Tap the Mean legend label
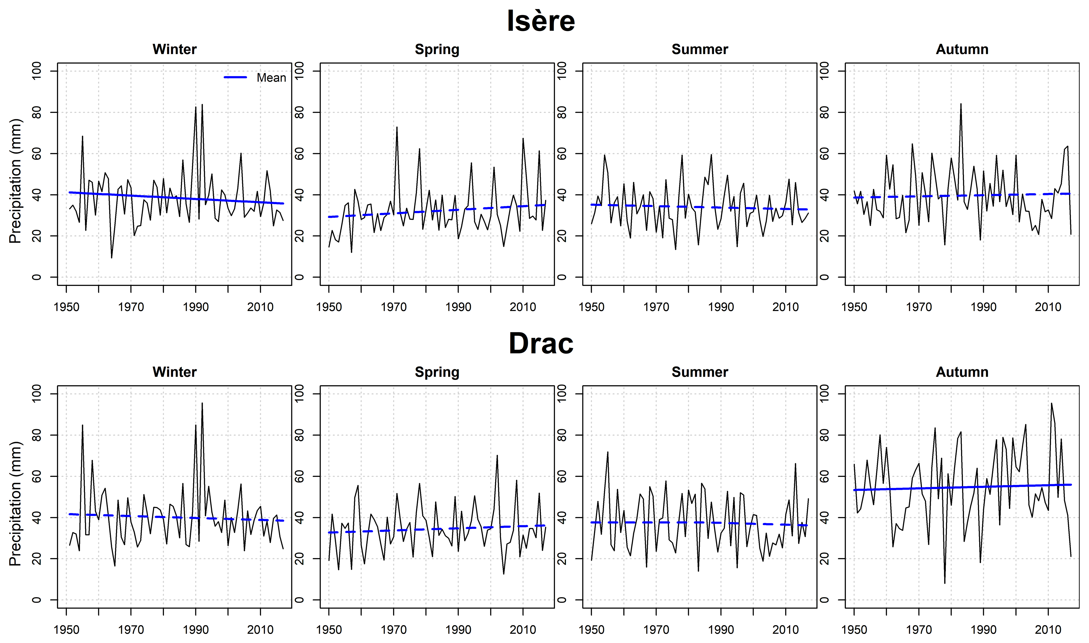[x=271, y=78]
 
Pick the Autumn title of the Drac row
[x=962, y=372]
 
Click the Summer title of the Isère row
[x=700, y=49]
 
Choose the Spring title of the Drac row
[x=437, y=372]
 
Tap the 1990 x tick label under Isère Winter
[x=196, y=307]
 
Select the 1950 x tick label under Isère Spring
[x=329, y=307]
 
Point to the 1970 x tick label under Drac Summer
[x=656, y=630]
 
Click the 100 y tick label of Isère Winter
[x=37, y=71]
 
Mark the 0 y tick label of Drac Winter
[x=37, y=600]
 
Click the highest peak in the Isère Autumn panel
[x=961, y=104]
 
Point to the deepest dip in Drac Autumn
[x=945, y=583]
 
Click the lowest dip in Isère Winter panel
[x=111, y=258]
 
